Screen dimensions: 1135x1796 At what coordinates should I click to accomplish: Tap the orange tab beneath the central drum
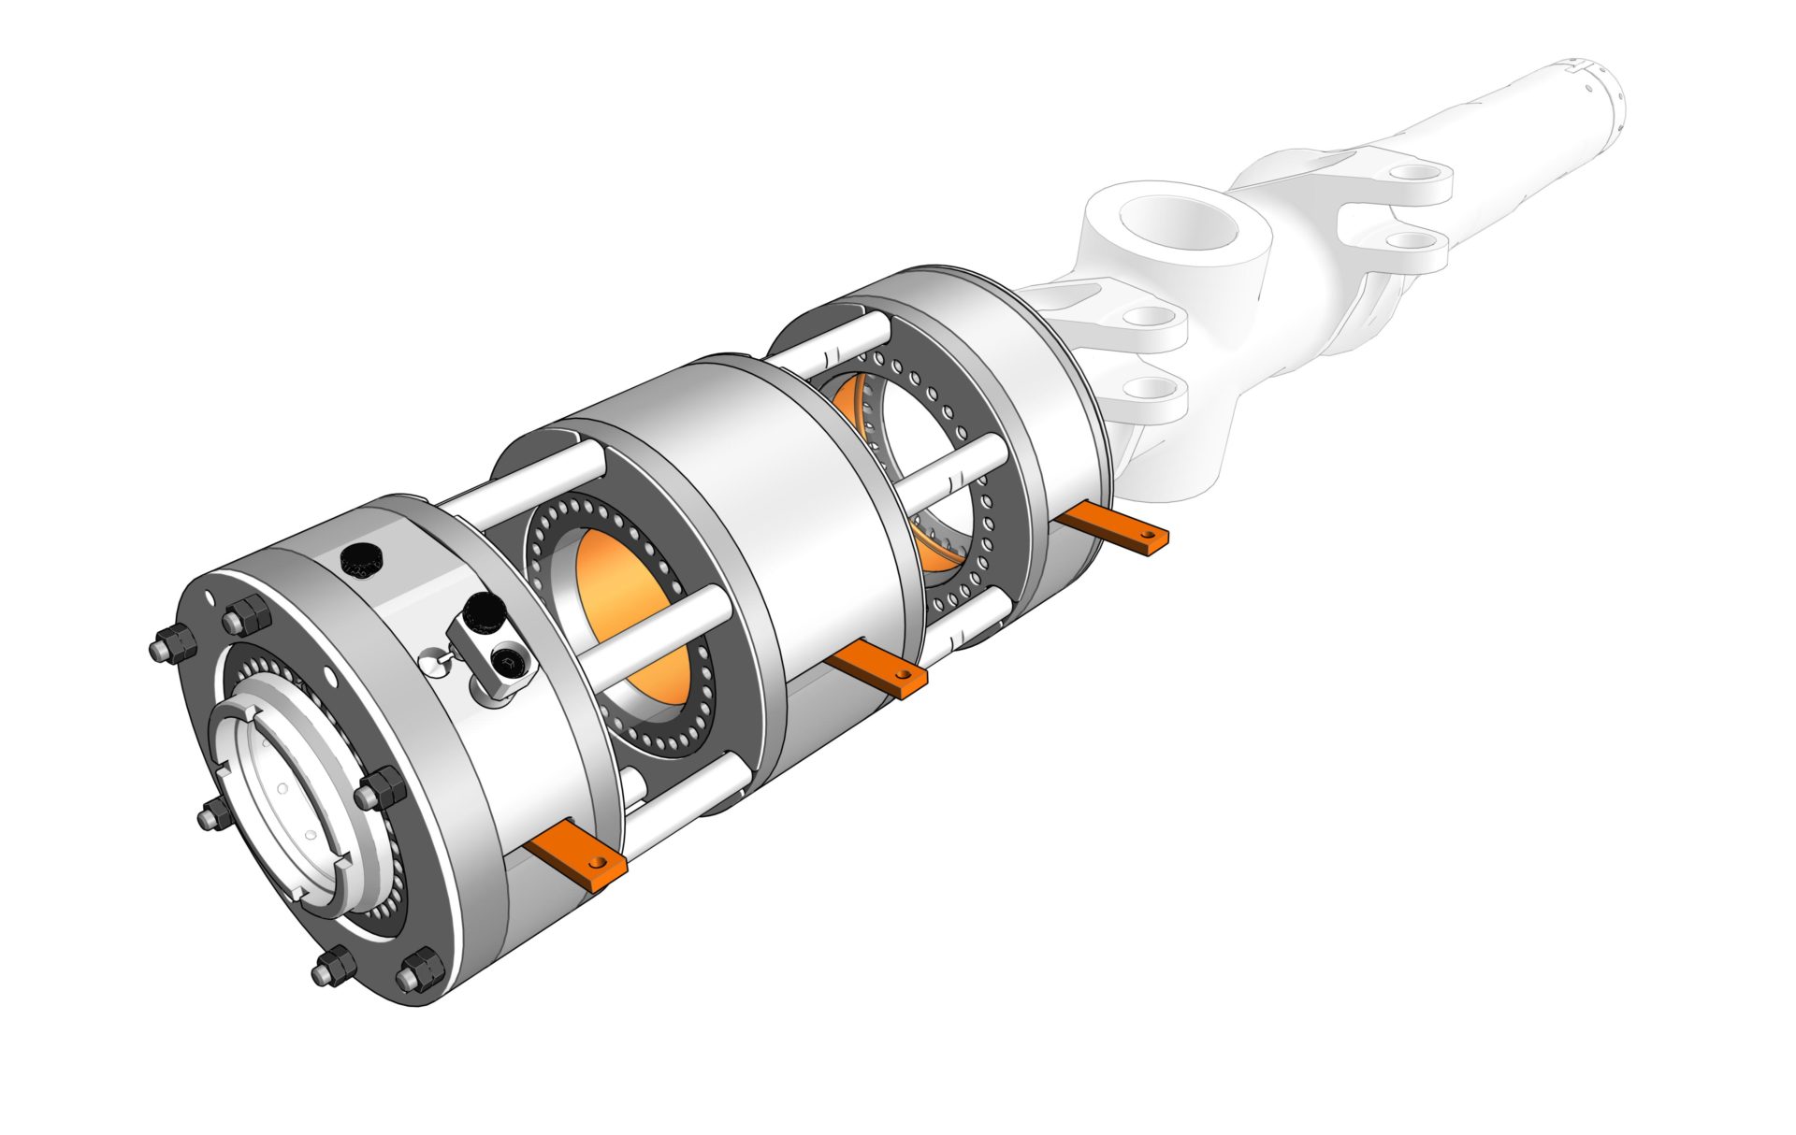pyautogui.click(x=877, y=668)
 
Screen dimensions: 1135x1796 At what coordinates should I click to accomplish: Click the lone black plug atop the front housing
pyautogui.click(x=361, y=558)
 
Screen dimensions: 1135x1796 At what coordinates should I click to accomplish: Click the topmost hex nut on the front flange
pyautogui.click(x=247, y=616)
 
